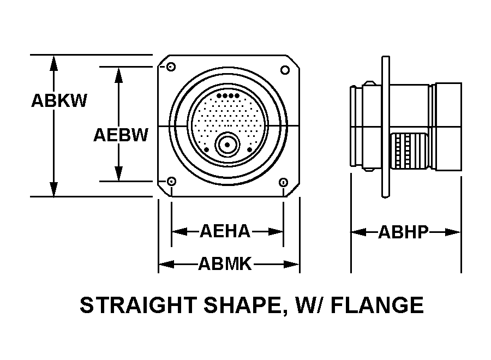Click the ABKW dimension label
pos(59,101)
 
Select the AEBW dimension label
pos(121,135)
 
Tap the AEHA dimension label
pos(225,231)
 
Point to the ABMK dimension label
pos(225,264)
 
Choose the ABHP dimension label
pos(403,232)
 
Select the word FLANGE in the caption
pos(378,305)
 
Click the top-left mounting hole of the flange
pos(171,67)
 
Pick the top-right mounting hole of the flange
pos(285,70)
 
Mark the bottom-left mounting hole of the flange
pos(171,181)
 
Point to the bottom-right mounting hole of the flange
pos(283,182)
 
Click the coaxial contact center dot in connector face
pos(227,145)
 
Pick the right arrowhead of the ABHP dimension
pos(453,232)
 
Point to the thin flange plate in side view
pos(386,127)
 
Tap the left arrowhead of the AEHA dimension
pos(180,232)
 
